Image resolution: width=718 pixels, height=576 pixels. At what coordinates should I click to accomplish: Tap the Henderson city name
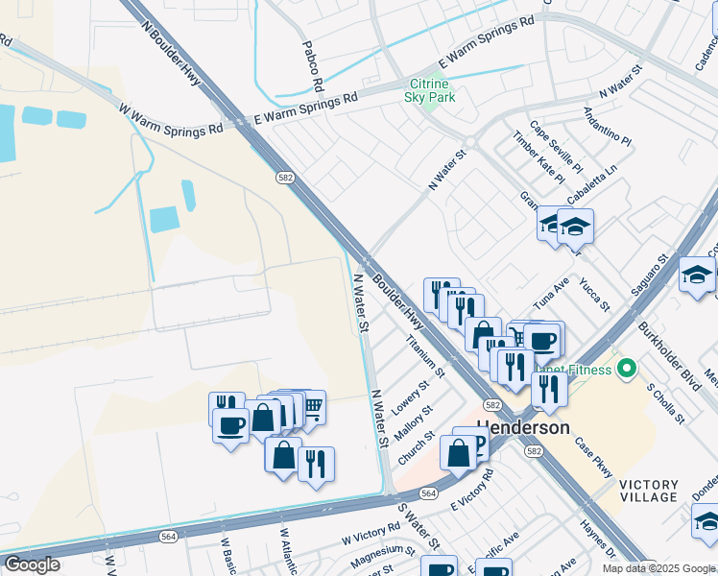click(523, 427)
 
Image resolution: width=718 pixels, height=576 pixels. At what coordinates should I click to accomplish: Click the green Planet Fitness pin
click(627, 368)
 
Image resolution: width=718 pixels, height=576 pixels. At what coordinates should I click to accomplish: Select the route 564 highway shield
click(429, 492)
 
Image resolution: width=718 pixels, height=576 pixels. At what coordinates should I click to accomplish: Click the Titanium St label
click(425, 355)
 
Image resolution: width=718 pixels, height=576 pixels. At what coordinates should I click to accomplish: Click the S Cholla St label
click(665, 404)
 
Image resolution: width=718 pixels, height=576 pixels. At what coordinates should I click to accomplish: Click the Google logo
click(32, 564)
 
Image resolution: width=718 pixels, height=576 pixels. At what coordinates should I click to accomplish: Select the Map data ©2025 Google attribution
click(658, 568)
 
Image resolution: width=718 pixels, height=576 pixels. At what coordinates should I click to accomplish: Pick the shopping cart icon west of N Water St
click(312, 406)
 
